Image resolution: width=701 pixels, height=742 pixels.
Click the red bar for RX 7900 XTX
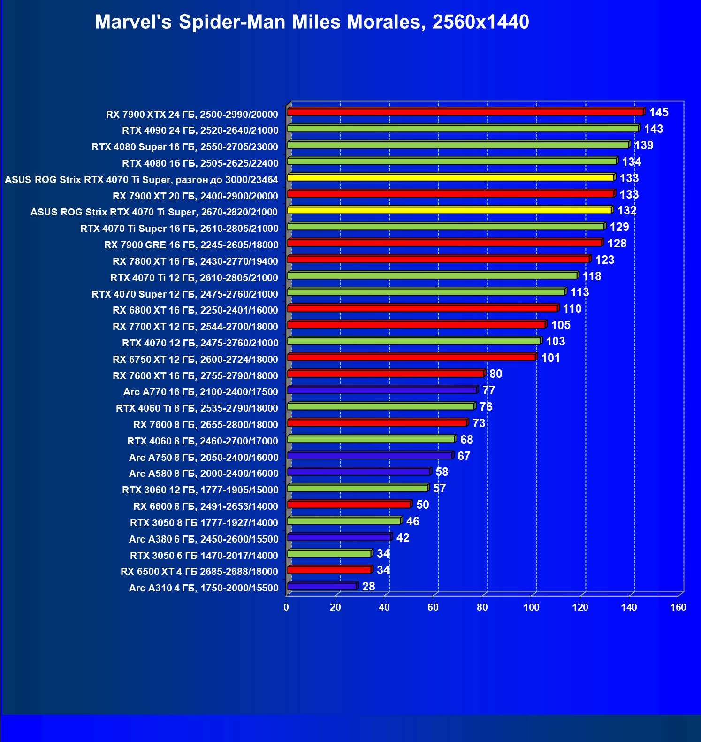[465, 112]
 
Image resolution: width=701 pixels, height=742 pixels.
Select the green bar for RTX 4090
[462, 129]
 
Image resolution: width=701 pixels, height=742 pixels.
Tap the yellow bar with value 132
[449, 210]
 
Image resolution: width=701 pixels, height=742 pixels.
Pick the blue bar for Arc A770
[382, 390]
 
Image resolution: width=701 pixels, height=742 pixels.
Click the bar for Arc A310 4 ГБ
[322, 586]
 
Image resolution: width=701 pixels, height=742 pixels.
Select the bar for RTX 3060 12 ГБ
[357, 488]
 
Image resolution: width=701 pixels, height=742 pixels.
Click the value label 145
[659, 113]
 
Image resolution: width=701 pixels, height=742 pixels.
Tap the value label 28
[369, 587]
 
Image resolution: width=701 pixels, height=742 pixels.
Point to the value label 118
[592, 276]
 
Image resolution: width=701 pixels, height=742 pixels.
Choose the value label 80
[496, 374]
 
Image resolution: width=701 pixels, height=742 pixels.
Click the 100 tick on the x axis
[531, 608]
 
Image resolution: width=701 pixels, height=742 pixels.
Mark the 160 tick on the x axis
[678, 608]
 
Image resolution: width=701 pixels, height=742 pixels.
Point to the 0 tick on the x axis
[286, 608]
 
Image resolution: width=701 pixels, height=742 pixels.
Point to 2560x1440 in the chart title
[481, 22]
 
